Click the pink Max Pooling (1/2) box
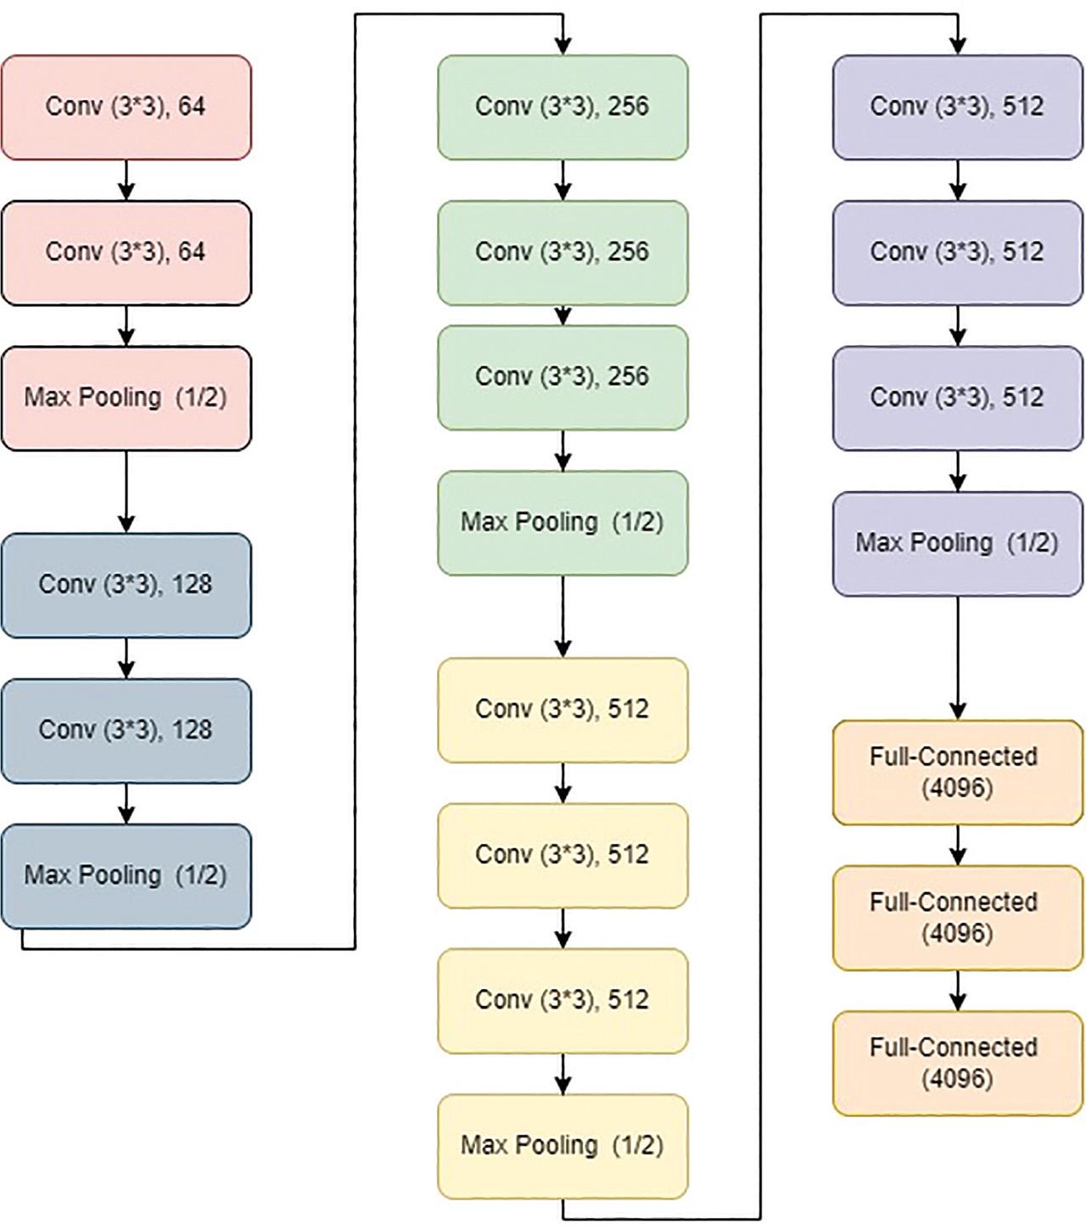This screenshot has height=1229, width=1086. pyautogui.click(x=126, y=398)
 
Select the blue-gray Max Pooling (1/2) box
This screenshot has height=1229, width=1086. pyautogui.click(x=126, y=875)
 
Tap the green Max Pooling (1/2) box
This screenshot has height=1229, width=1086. pyautogui.click(x=563, y=522)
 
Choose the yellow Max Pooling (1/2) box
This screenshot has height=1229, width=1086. pyautogui.click(x=563, y=1146)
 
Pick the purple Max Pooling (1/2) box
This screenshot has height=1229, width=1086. pyautogui.click(x=957, y=543)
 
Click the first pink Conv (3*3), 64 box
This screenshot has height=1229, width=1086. pyautogui.click(x=126, y=107)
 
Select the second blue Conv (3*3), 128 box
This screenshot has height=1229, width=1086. pyautogui.click(x=126, y=730)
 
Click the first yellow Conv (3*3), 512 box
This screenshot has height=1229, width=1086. pyautogui.click(x=563, y=709)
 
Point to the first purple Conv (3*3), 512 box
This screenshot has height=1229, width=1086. pyautogui.click(x=957, y=107)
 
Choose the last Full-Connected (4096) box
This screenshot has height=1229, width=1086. pyautogui.click(x=957, y=1063)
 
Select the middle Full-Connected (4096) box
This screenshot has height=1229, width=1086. pyautogui.click(x=957, y=918)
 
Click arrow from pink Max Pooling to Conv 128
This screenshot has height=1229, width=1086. pyautogui.click(x=126, y=492)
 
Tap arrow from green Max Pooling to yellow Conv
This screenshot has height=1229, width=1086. pyautogui.click(x=563, y=617)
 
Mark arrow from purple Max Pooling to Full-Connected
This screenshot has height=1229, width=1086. pyautogui.click(x=958, y=658)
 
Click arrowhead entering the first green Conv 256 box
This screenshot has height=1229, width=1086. pyautogui.click(x=563, y=46)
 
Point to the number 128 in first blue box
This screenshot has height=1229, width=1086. pyautogui.click(x=191, y=584)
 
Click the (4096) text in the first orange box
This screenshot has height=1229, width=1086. pyautogui.click(x=956, y=789)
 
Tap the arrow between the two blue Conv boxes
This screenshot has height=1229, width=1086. pyautogui.click(x=126, y=658)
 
